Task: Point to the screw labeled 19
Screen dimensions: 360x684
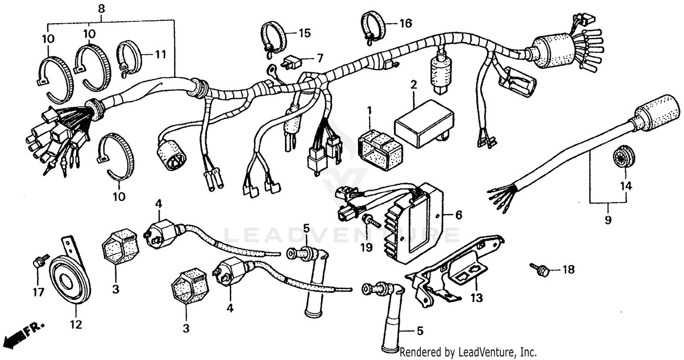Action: [372, 222]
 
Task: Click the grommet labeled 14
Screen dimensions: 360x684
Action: [621, 158]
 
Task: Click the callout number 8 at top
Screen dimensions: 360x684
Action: [101, 8]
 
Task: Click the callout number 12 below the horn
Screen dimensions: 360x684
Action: [76, 324]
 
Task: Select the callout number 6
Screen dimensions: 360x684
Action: [458, 214]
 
